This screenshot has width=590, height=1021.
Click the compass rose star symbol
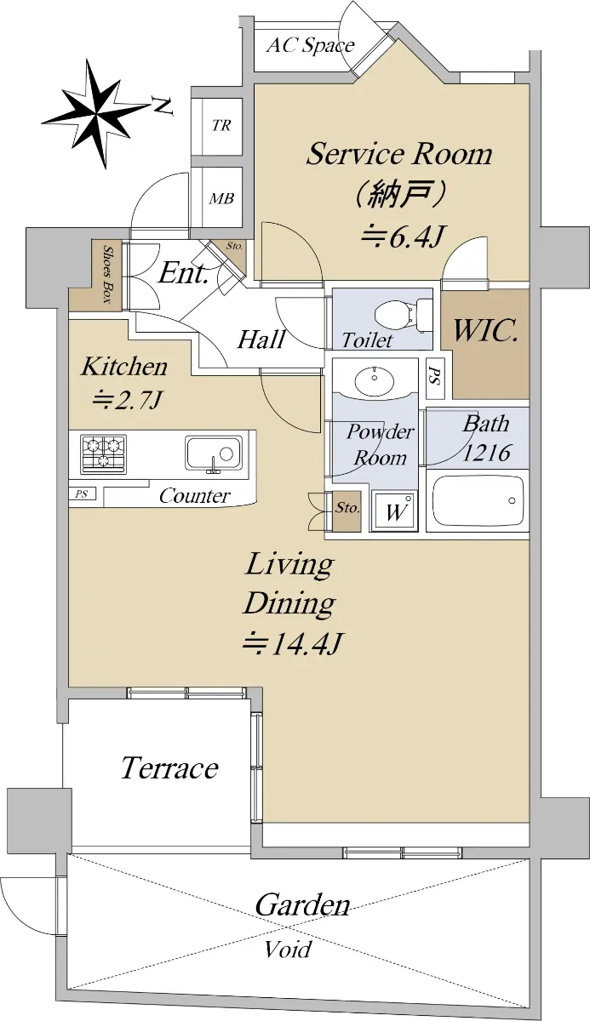click(x=98, y=113)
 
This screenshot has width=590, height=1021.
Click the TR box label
click(x=221, y=125)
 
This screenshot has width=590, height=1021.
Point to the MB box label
click(x=221, y=199)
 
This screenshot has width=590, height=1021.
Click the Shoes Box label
click(x=108, y=274)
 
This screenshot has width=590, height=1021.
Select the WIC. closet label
click(x=485, y=330)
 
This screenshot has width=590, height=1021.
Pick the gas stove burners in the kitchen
click(x=104, y=453)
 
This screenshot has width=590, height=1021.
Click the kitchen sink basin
click(x=214, y=452)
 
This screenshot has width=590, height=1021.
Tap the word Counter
click(x=195, y=496)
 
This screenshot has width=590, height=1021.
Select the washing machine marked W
click(x=394, y=511)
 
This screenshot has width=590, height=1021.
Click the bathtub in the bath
click(x=478, y=501)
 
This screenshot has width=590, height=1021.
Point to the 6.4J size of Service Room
click(x=402, y=237)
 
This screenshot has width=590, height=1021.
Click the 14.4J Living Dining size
click(x=292, y=644)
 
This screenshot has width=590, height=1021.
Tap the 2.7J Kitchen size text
click(x=126, y=401)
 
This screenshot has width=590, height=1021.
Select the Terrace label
click(x=169, y=768)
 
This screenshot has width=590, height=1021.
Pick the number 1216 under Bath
click(x=486, y=453)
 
